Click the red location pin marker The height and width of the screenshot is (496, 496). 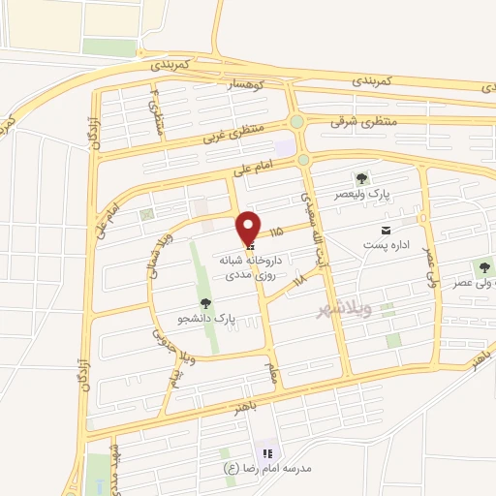coord(248,228)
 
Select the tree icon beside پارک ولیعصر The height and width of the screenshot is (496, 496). coord(361,178)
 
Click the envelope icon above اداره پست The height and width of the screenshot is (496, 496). coord(387,230)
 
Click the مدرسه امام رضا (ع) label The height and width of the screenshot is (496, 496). coord(267,468)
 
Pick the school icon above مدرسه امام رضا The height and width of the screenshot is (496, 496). coord(267,452)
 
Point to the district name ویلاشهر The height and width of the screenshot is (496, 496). coord(347,309)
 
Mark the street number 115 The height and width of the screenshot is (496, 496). coord(278,232)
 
